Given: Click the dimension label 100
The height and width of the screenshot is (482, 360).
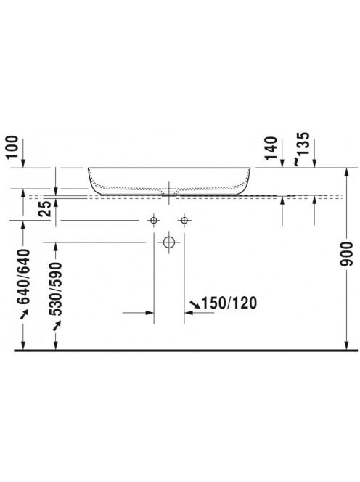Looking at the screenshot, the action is (x=13, y=147).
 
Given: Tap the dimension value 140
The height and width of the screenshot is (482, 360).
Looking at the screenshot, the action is (x=271, y=149).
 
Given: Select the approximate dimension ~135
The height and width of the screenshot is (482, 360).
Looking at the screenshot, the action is (x=300, y=148).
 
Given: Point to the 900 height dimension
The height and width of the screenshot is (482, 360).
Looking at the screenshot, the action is (x=347, y=254).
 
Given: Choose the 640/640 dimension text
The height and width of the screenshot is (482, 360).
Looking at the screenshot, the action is (x=24, y=277).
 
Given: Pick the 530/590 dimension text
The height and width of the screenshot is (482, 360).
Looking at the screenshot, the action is (x=56, y=289).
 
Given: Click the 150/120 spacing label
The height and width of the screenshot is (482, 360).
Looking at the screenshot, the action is (x=229, y=303).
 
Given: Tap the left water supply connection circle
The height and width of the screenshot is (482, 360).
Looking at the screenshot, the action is (x=154, y=221).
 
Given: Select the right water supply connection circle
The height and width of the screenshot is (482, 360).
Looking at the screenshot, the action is (x=184, y=221).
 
